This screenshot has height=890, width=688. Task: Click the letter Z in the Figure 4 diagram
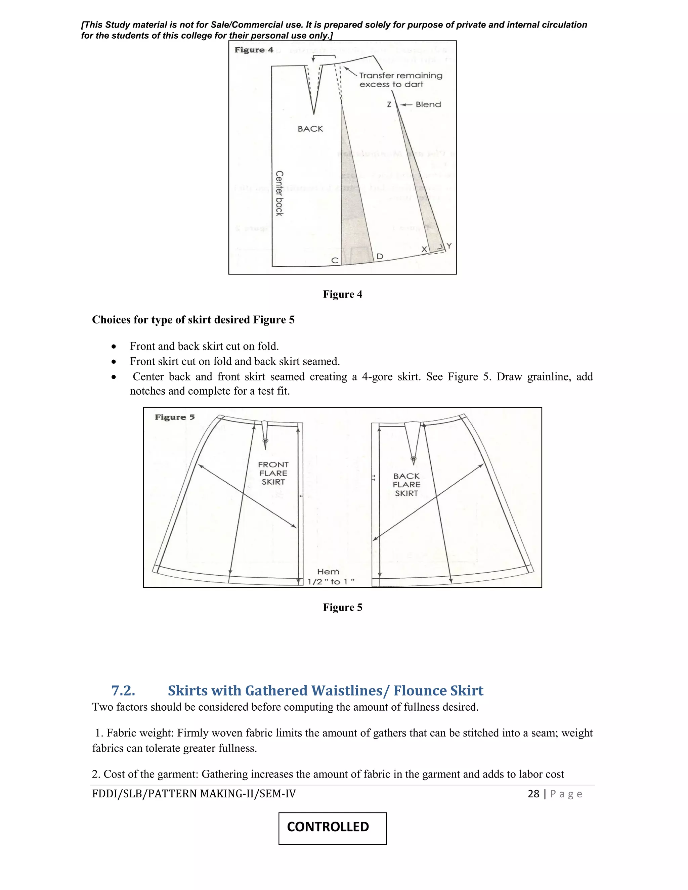click(389, 105)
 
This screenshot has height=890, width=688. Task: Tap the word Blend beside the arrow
click(428, 105)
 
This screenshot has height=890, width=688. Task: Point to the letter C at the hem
click(335, 260)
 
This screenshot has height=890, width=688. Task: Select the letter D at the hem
click(380, 256)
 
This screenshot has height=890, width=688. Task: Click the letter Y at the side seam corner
click(449, 246)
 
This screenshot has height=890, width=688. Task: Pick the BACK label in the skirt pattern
click(310, 129)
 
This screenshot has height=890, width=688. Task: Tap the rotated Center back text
click(279, 193)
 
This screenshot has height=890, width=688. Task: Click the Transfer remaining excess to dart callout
click(400, 80)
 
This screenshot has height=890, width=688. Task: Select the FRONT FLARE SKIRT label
click(273, 473)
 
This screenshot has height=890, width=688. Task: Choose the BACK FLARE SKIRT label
click(406, 485)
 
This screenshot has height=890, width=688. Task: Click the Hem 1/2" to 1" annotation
click(330, 577)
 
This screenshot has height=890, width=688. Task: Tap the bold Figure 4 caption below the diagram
click(342, 294)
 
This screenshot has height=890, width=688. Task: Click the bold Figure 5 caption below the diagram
click(342, 607)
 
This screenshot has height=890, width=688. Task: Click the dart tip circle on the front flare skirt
click(265, 441)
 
